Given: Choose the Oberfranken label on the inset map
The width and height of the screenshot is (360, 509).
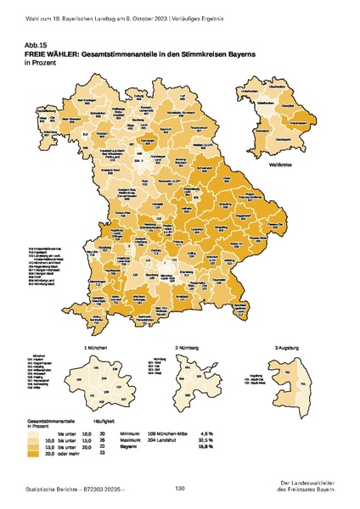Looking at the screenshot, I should tap(277, 86).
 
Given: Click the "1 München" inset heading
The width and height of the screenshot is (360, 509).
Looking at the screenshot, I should tap(93, 348).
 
